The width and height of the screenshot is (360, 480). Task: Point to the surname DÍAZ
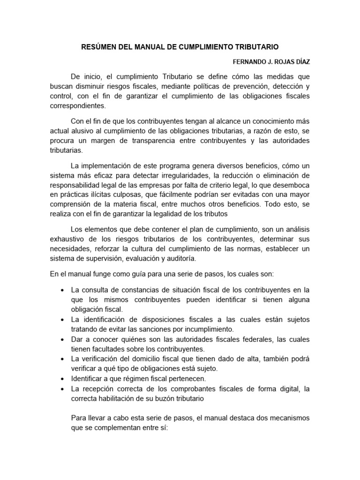300,61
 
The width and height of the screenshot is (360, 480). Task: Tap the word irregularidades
172,175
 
